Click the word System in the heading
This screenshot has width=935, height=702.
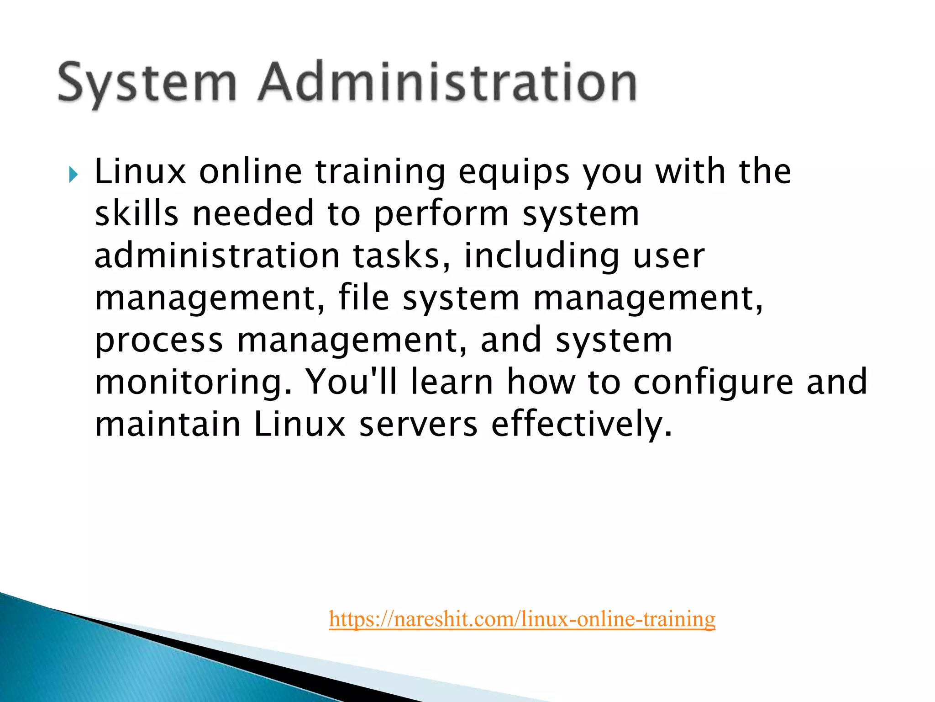pyautogui.click(x=147, y=83)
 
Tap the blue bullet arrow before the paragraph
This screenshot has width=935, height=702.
pyautogui.click(x=74, y=174)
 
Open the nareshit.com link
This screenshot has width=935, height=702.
pyautogui.click(x=522, y=619)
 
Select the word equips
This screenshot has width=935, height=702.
pyautogui.click(x=514, y=173)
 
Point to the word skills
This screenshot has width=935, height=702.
pyautogui.click(x=136, y=213)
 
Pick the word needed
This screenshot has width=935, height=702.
pyautogui.click(x=253, y=213)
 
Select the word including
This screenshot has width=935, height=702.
pyautogui.click(x=541, y=256)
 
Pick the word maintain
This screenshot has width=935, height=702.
pyautogui.click(x=168, y=424)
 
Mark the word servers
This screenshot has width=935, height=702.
pyautogui.click(x=418, y=425)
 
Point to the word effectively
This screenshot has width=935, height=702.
pyautogui.click(x=582, y=425)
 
